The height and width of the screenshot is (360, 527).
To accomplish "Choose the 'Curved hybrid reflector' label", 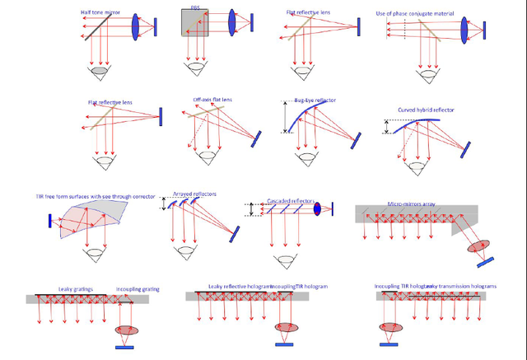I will point(426,110).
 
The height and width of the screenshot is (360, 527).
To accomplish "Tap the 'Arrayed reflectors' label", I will point(194,194).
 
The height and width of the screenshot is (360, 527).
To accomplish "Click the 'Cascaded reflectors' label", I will point(292,200).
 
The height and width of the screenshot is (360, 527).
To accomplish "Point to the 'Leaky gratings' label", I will point(76,289).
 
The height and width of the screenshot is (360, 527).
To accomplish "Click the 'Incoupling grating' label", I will point(137,290).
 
